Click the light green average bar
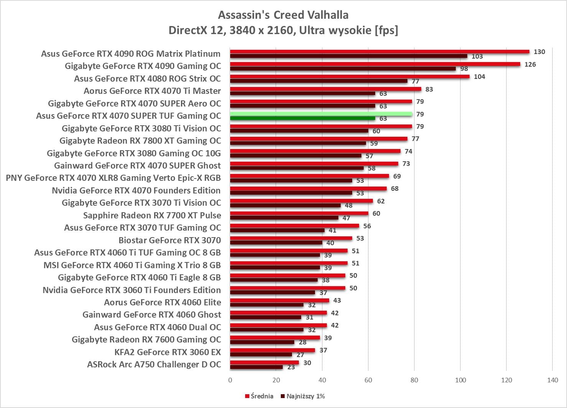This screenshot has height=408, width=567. point(321,114)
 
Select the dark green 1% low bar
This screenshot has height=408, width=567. point(302,118)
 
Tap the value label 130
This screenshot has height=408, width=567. point(539,52)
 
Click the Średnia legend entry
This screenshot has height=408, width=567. point(259,396)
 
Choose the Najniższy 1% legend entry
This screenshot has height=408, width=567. point(303,396)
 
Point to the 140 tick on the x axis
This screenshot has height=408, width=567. point(552,380)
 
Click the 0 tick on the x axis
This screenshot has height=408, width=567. point(230,380)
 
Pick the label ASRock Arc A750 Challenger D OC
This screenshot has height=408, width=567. point(154,364)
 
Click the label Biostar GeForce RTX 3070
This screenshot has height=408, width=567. point(170,240)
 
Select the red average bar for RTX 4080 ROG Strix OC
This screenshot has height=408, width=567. point(349,77)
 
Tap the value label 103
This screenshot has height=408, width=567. point(477,57)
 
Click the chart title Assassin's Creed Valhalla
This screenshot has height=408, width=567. point(283,15)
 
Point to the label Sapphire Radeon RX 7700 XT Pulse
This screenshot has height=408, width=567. point(152,215)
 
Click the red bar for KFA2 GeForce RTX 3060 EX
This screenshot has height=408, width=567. point(272,350)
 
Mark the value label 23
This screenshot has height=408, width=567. point(291,367)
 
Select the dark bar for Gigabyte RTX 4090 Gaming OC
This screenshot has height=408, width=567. point(343,69)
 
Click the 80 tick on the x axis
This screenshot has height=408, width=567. point(414,380)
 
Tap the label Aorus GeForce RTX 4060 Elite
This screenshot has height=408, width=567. point(162,302)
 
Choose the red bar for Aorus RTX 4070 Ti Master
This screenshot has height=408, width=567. point(325,89)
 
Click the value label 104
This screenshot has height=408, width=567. point(479,77)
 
